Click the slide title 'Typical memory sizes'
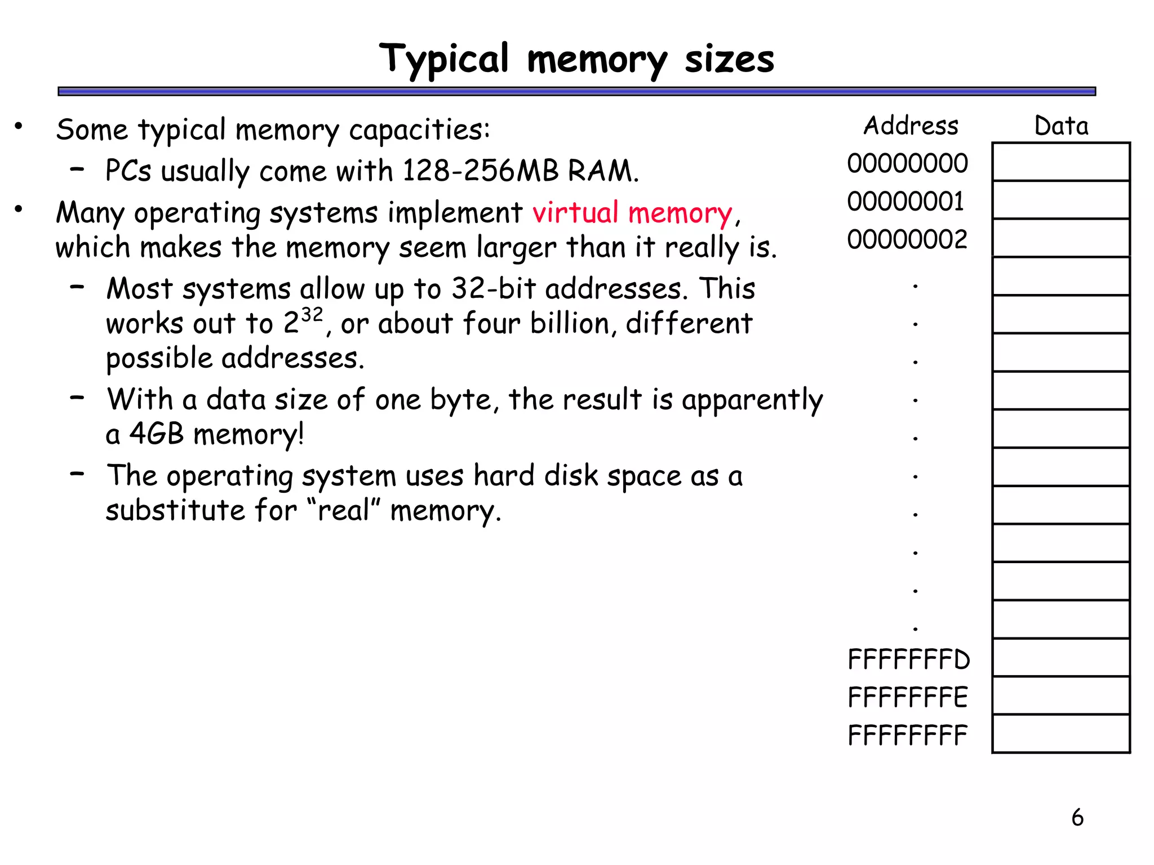click(x=576, y=59)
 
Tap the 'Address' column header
click(x=911, y=126)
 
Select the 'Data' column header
click(x=1061, y=126)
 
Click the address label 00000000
click(x=907, y=163)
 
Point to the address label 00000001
click(x=906, y=202)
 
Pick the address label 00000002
click(x=907, y=239)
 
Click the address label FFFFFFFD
click(x=908, y=659)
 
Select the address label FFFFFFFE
click(x=908, y=697)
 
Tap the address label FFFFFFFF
click(x=907, y=735)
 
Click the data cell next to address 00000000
click(x=1061, y=162)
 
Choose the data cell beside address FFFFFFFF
click(x=1061, y=734)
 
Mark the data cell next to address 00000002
click(x=1061, y=238)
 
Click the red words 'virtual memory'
click(x=632, y=213)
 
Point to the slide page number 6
click(x=1077, y=817)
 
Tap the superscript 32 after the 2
click(x=312, y=314)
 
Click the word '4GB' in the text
click(x=157, y=434)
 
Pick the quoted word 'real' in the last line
click(x=344, y=510)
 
